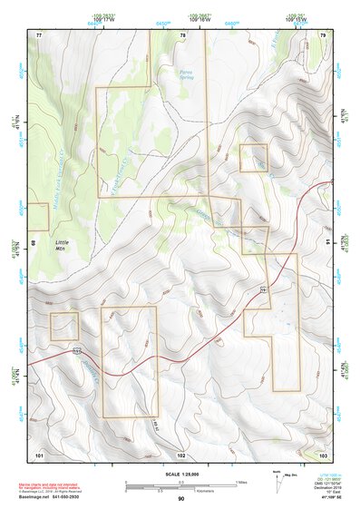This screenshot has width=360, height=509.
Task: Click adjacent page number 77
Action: [39, 34]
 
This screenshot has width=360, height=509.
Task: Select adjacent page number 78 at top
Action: [182, 34]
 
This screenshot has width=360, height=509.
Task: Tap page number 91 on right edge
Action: [328, 242]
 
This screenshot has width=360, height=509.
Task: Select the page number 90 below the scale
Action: [180, 499]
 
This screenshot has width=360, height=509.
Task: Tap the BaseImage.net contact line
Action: [57, 496]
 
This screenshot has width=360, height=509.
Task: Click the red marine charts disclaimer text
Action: [54, 484]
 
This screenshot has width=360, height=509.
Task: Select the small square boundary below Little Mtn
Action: [64, 326]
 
